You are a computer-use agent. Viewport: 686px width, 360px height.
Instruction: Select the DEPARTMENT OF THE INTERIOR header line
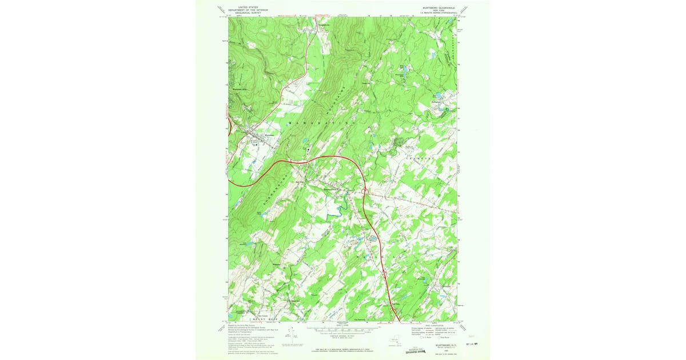click(x=247, y=10)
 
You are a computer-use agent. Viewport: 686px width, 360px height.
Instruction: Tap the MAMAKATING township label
click(x=323, y=123)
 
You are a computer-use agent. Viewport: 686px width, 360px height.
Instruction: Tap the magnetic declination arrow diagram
click(x=293, y=334)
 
